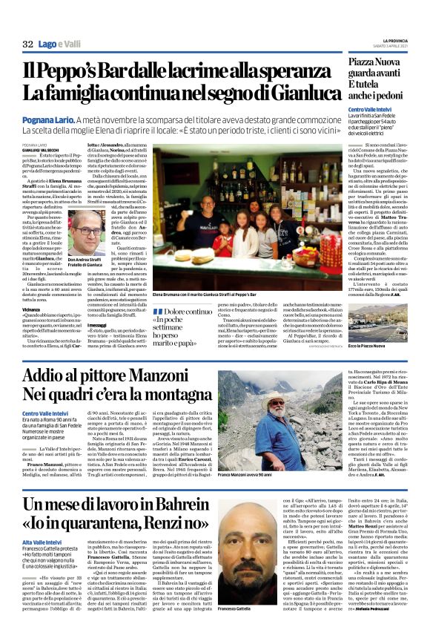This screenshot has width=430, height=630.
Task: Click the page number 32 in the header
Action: (27, 44)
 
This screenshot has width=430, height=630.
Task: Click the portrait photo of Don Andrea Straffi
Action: (85, 231)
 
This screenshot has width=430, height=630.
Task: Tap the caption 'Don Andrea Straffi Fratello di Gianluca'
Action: (85, 262)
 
